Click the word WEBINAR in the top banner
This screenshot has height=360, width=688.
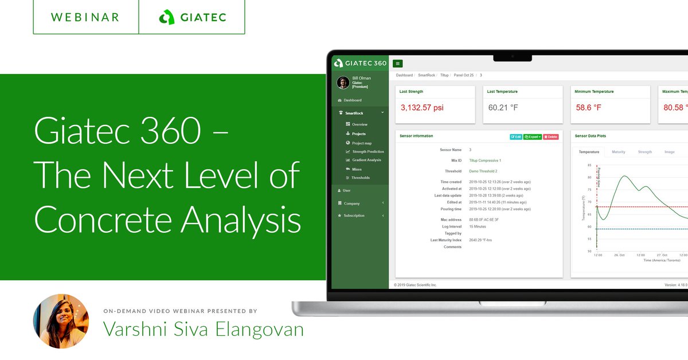[85, 17]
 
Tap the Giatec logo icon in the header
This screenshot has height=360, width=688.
[166, 17]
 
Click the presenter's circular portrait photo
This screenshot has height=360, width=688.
[61, 321]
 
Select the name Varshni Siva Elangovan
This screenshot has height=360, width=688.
[204, 329]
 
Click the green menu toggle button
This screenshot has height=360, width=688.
[398, 64]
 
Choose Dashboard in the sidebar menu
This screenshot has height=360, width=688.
[353, 100]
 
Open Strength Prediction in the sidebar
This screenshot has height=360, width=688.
[368, 151]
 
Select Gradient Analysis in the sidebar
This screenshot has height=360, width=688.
[366, 160]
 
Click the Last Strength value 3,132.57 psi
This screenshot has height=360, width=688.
[422, 108]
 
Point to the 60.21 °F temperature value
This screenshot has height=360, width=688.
[503, 108]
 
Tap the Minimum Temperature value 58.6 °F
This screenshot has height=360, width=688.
[589, 108]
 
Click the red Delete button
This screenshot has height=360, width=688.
[550, 137]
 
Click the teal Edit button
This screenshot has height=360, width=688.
[516, 137]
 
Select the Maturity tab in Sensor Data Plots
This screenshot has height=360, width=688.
[619, 152]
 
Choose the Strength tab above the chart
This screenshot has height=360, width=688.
[645, 152]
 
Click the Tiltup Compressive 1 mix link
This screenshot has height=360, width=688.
[485, 161]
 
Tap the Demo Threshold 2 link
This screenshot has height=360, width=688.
[483, 171]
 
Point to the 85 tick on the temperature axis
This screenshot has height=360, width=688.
[589, 165]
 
